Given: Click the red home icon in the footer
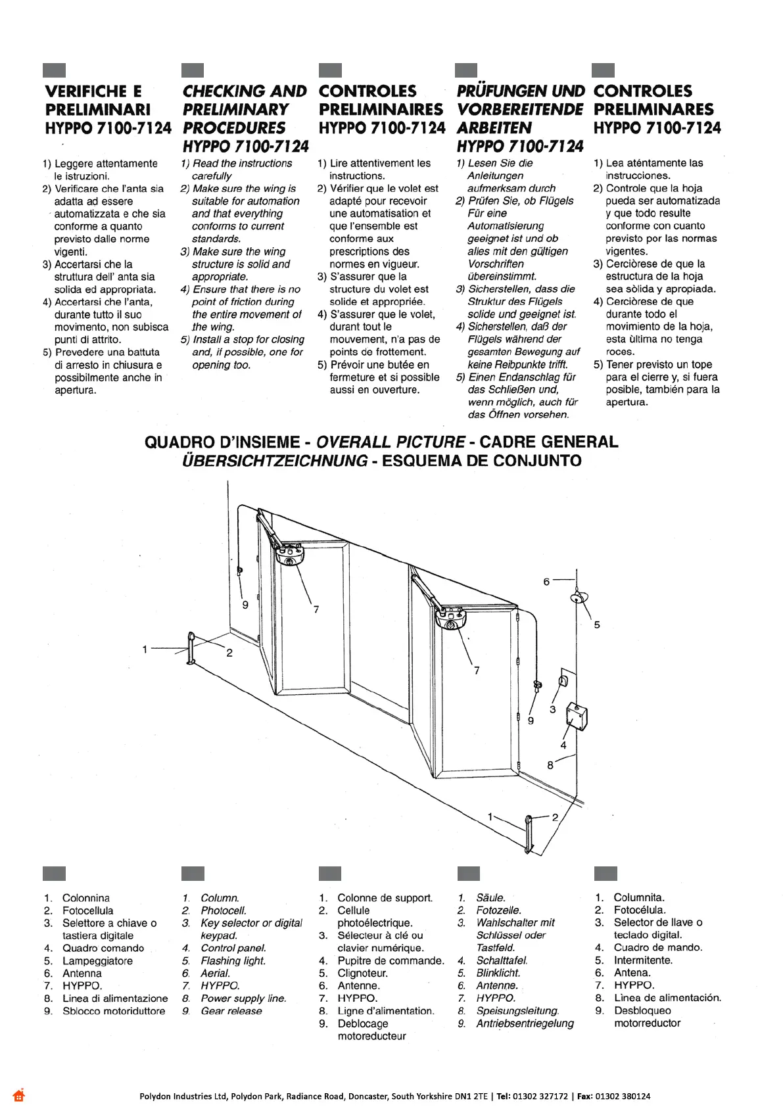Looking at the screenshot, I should point(18,1095).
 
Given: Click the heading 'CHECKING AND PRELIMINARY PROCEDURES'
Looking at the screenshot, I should point(245,110).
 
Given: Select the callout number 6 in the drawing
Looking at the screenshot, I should point(546,582).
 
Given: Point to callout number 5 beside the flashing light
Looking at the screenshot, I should point(597,624).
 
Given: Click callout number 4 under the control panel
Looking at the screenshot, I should point(563,745).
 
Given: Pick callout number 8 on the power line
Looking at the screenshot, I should point(550,765).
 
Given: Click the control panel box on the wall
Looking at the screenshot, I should point(577,717).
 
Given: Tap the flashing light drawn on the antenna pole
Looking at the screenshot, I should point(577,598).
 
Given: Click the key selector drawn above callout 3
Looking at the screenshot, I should point(562,680).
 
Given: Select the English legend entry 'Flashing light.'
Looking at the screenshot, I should point(233,960).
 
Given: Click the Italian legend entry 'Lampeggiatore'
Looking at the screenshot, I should point(97,960).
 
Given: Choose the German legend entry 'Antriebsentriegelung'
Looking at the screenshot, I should point(525,1024).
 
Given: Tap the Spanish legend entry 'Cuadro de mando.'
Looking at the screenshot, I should point(657,947).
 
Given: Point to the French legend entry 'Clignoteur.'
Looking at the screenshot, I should point(362,973).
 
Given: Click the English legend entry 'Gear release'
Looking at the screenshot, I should point(231,1011).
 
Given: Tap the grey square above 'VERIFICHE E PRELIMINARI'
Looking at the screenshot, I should point(54,70).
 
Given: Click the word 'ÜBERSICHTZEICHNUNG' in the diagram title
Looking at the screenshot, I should point(274,460).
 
